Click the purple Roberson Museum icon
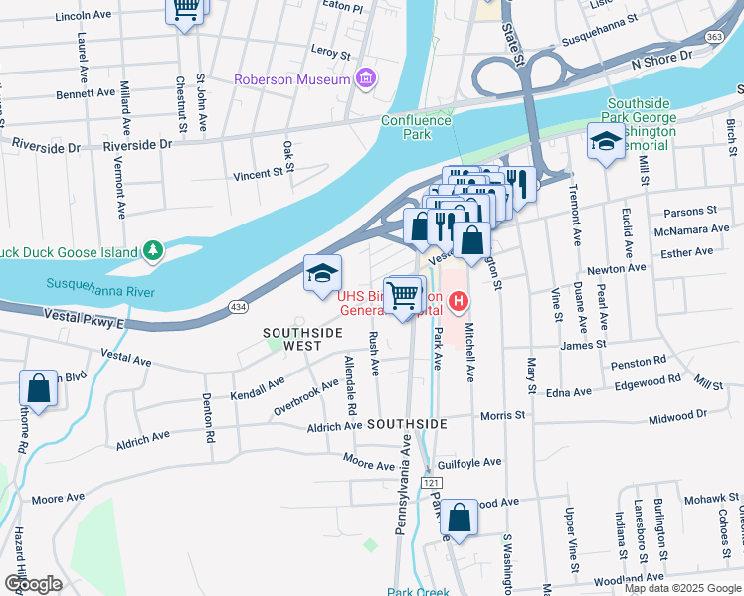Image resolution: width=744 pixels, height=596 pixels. (366, 78)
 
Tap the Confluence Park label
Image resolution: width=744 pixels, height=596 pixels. (417, 127)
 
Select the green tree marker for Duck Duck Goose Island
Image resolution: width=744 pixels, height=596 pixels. (152, 252)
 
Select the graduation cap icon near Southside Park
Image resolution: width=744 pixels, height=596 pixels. (605, 141)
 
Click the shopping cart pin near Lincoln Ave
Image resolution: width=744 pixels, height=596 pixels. (184, 10)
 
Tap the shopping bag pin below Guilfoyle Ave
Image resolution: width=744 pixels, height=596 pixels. (460, 517)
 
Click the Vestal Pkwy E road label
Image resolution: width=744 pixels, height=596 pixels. (84, 317)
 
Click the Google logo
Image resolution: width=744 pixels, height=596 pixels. (33, 584)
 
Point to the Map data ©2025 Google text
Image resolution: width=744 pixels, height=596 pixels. (682, 588)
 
